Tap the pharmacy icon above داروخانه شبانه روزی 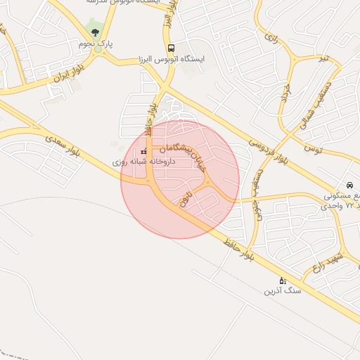pyautogui.click(x=144, y=151)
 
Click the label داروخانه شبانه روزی pyautogui.click(x=144, y=162)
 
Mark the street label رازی pyautogui.click(x=271, y=37)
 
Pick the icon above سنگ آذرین pyautogui.click(x=283, y=280)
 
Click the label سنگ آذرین pyautogui.click(x=283, y=290)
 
